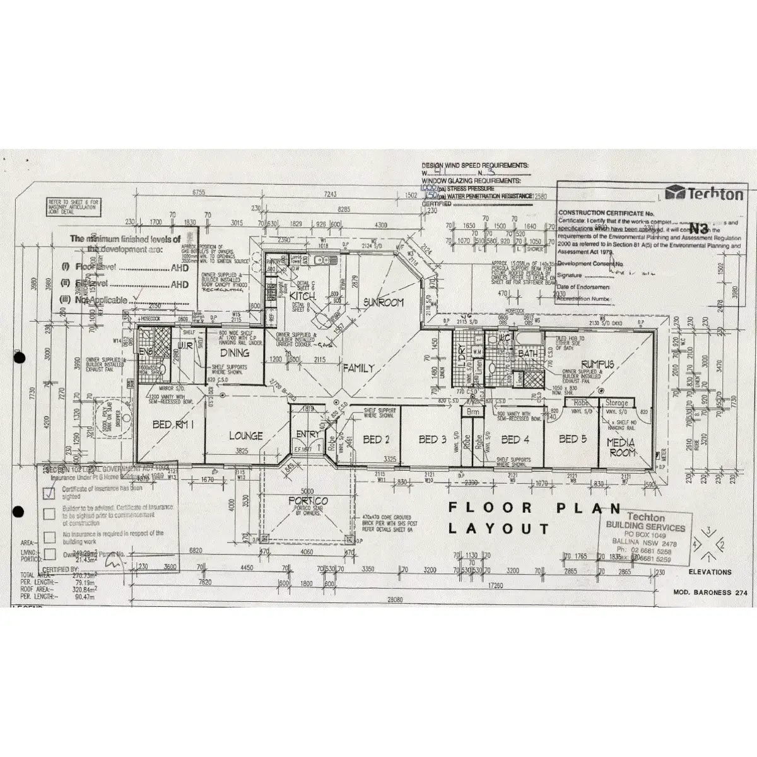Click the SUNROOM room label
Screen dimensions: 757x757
[x=383, y=303]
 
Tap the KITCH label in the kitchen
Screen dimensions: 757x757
[x=303, y=296]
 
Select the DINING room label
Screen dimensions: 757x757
[x=234, y=353]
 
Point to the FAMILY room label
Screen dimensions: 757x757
[x=358, y=368]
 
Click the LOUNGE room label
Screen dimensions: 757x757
[x=245, y=436]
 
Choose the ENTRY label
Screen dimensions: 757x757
[x=308, y=434]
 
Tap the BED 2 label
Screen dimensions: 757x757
[x=375, y=439]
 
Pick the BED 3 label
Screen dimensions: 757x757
[x=432, y=439]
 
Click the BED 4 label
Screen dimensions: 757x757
[x=515, y=439]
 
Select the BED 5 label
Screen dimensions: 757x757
[x=572, y=439]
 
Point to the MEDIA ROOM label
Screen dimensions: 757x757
[x=620, y=448]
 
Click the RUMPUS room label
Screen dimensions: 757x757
[x=597, y=364]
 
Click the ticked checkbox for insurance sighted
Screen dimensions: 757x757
[x=49, y=493]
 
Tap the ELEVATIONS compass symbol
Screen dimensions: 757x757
[x=708, y=544]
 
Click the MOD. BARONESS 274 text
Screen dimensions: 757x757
[x=710, y=594]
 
